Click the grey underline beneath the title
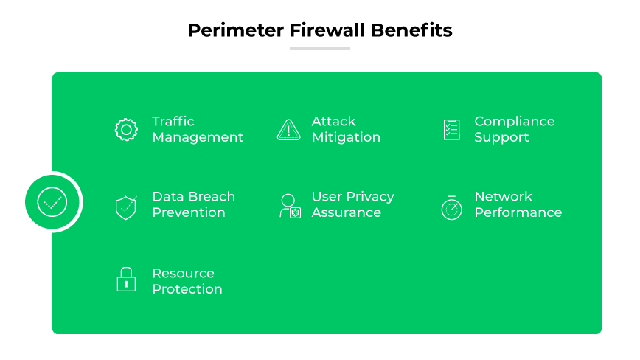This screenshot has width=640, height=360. pyautogui.click(x=319, y=49)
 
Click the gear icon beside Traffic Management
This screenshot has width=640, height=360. pyautogui.click(x=126, y=130)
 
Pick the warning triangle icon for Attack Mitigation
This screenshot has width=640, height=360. pyautogui.click(x=288, y=130)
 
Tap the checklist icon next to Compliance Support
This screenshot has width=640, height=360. pyautogui.click(x=451, y=130)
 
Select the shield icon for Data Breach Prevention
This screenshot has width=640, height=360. pyautogui.click(x=126, y=207)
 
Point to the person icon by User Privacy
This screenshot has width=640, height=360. pyautogui.click(x=289, y=206)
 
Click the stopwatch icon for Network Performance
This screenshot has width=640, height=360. pyautogui.click(x=451, y=207)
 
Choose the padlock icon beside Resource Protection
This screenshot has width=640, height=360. pyautogui.click(x=126, y=280)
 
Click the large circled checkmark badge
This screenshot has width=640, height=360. pyautogui.click(x=52, y=201)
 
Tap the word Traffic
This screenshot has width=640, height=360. pyautogui.click(x=173, y=121)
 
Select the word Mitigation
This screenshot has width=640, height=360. pyautogui.click(x=346, y=137)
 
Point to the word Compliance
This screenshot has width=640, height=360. pyautogui.click(x=514, y=121)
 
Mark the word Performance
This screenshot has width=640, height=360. pyautogui.click(x=518, y=212)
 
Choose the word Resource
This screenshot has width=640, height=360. pyautogui.click(x=183, y=273)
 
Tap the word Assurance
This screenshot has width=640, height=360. pyautogui.click(x=346, y=212)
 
